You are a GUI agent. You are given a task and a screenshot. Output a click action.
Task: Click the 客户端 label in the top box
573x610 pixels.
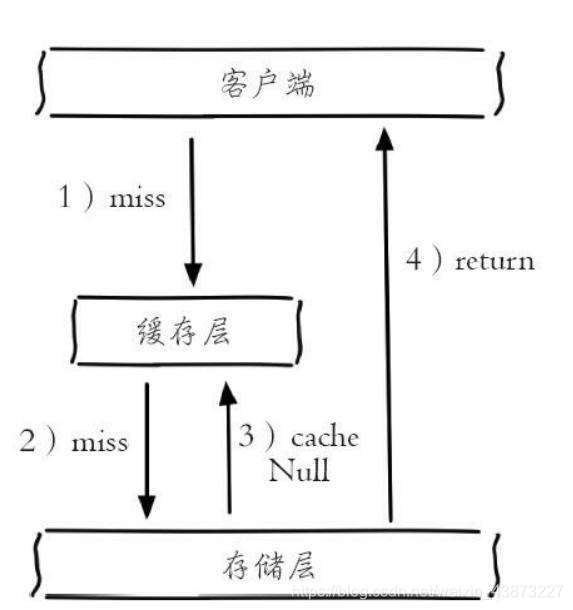coord(266,84)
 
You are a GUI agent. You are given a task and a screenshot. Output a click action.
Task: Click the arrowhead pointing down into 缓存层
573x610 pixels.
coord(193,272)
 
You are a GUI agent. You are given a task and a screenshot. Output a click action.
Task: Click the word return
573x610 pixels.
coord(495,262)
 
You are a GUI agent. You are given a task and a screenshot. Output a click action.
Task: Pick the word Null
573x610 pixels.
coord(298,470)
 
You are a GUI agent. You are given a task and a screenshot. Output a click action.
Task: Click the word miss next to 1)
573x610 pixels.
coord(137,198)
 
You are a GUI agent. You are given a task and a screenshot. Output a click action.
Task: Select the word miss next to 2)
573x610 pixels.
coord(100,441)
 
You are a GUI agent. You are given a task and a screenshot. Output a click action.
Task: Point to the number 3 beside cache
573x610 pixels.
coord(247,437)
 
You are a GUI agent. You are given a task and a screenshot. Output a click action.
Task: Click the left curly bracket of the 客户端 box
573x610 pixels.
coord(41,84)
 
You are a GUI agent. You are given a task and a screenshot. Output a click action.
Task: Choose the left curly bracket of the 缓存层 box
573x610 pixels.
coord(74,331)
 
